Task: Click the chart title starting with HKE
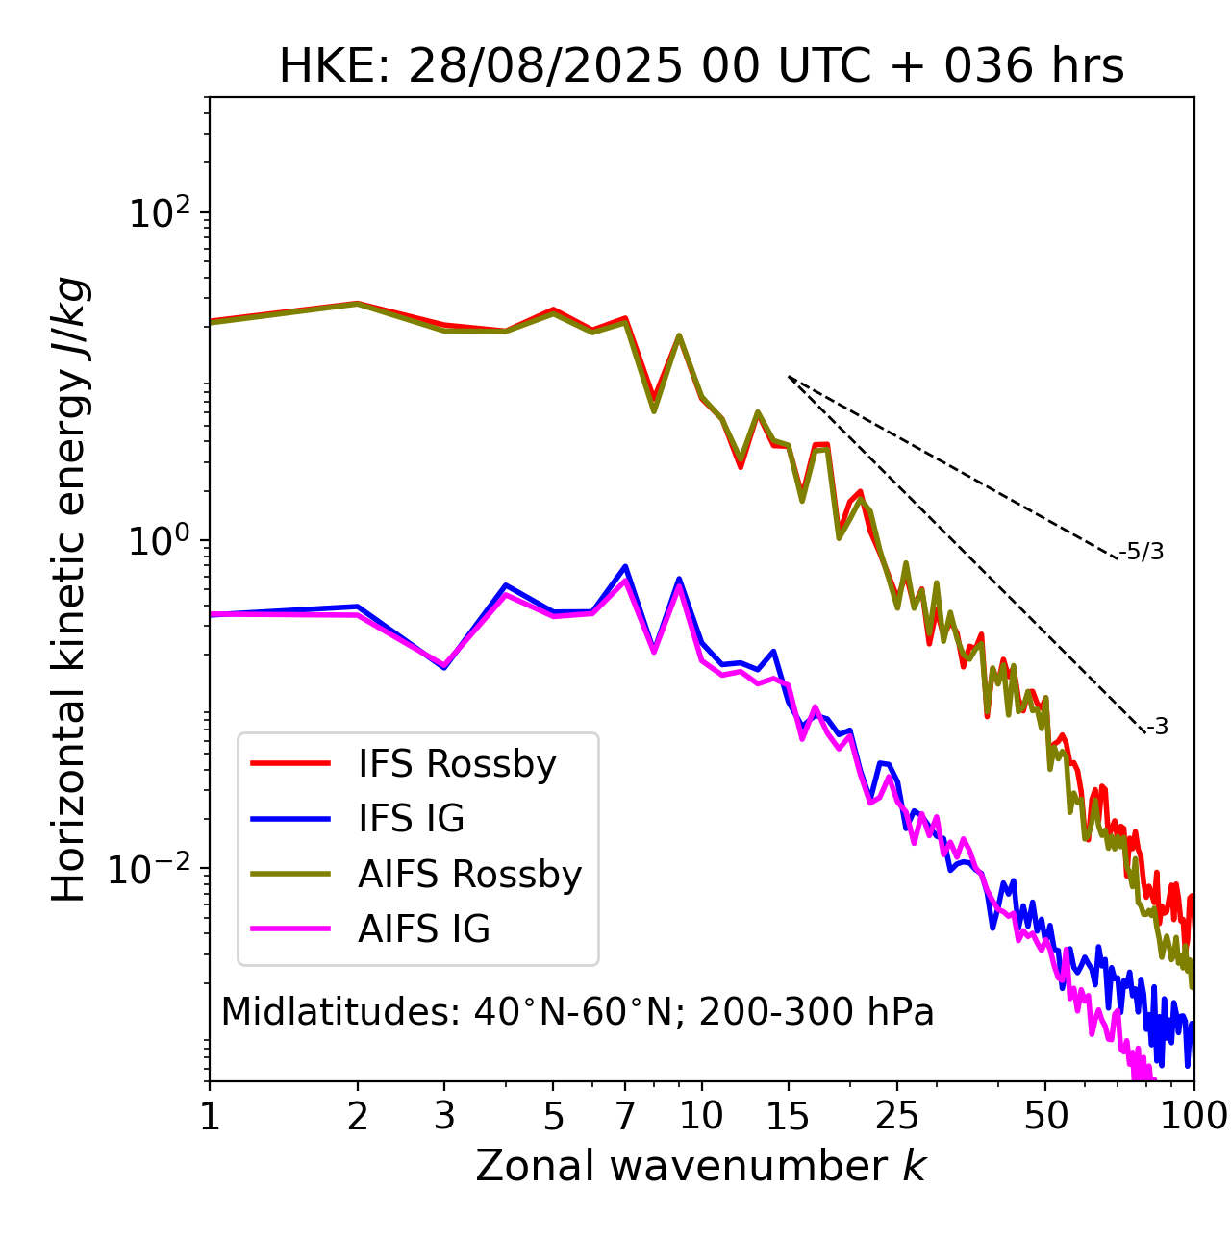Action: point(701,67)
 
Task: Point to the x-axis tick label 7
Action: point(625,1116)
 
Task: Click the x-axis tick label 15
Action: point(788,1116)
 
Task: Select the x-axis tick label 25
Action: point(897,1116)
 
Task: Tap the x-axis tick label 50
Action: point(1045,1116)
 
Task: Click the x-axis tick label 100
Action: point(1193,1116)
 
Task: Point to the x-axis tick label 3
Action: point(444,1116)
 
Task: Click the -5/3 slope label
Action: point(1142,552)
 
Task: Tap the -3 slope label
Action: point(1157,727)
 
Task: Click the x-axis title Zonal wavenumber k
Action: point(701,1166)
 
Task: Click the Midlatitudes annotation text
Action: point(577,1012)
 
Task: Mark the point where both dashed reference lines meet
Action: point(789,377)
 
